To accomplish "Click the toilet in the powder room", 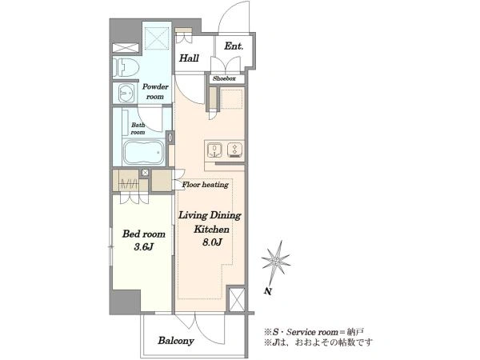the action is [x=126, y=67].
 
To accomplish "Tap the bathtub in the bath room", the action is [x=144, y=153].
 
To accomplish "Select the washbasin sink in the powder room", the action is [x=126, y=93].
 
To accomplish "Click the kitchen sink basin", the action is [x=215, y=150].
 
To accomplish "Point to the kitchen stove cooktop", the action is [x=234, y=150].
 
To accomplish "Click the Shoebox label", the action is [x=224, y=78].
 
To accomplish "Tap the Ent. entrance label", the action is [x=234, y=46].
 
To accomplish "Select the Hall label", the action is [x=189, y=58].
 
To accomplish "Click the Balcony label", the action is [x=176, y=341].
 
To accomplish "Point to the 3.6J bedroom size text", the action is [x=143, y=246].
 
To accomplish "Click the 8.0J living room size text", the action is [x=212, y=242].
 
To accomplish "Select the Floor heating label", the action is [x=205, y=185].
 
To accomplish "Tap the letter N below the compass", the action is [x=268, y=291].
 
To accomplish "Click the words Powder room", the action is [x=155, y=91].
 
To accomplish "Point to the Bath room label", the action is [x=138, y=129].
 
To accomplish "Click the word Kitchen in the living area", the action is [x=211, y=230].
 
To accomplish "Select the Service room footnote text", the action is [x=314, y=332].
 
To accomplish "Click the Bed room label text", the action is [x=144, y=234].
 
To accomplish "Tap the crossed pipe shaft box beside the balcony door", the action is [x=237, y=299].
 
